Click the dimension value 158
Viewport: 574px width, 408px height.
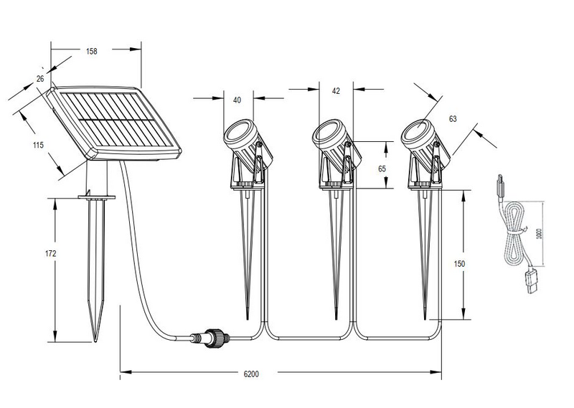click(91, 51)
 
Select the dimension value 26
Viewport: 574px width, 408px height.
click(40, 79)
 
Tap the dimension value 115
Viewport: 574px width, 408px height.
click(39, 145)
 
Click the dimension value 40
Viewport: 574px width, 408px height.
click(236, 100)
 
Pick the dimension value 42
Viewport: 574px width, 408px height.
click(336, 91)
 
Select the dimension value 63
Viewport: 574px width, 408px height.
click(451, 118)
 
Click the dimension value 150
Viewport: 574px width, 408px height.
click(460, 264)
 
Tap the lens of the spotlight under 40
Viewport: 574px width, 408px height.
click(236, 133)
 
